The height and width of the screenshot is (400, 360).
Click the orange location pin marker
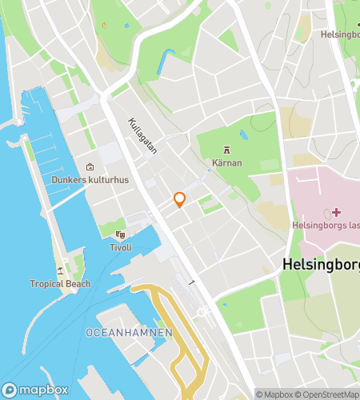[x=180, y=199]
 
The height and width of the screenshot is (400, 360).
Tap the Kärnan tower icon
[x=227, y=150]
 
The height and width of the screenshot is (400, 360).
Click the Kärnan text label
[x=227, y=163]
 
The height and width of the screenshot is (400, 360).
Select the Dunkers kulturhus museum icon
[x=90, y=166]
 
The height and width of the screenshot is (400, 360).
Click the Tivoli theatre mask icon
[x=120, y=234]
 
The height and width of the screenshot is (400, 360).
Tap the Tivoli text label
[x=120, y=247]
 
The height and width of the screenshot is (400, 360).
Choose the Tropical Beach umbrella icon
[x=60, y=270]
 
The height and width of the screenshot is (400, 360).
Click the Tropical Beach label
[x=60, y=284]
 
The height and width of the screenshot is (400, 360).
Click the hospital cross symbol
[x=335, y=212]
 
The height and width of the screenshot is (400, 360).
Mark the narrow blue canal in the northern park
[x=167, y=60]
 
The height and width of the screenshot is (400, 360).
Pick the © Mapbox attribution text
[x=274, y=394]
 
